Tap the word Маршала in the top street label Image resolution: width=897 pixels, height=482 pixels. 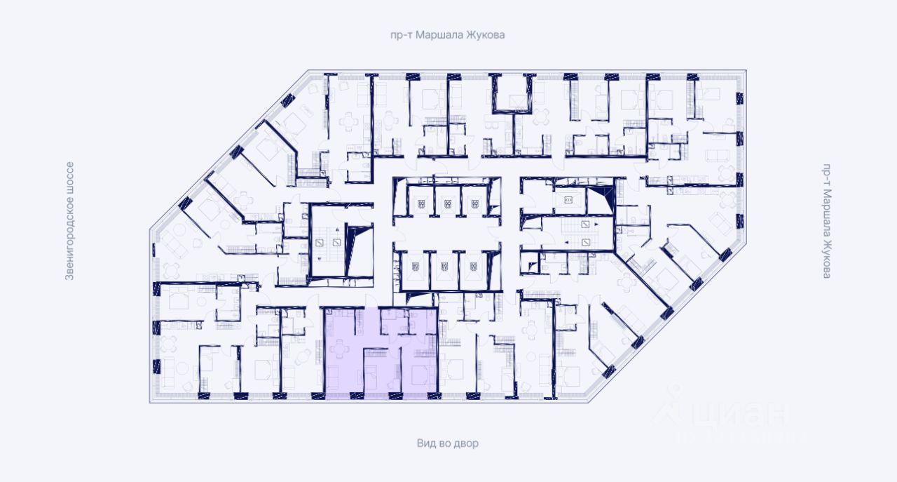[440, 34]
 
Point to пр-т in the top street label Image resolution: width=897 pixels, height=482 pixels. [402, 34]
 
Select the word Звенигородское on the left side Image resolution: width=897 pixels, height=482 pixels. [69, 233]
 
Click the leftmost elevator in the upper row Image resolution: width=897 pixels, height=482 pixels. [421, 204]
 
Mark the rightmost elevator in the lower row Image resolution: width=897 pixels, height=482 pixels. [472, 267]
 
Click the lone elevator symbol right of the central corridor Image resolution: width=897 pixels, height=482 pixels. [568, 201]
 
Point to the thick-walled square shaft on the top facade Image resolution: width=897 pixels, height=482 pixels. [510, 93]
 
